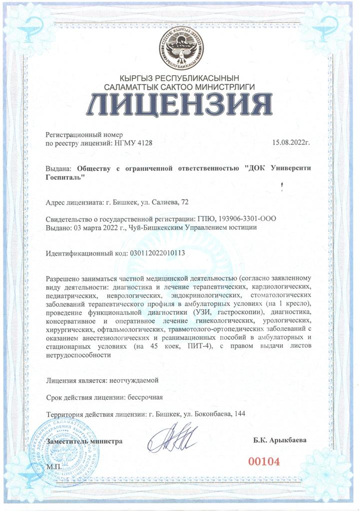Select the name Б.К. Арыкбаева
click(x=280, y=441)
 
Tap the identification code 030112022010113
click(x=157, y=253)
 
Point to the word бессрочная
click(x=145, y=398)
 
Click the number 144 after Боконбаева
click(x=238, y=414)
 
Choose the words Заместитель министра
click(x=84, y=441)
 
